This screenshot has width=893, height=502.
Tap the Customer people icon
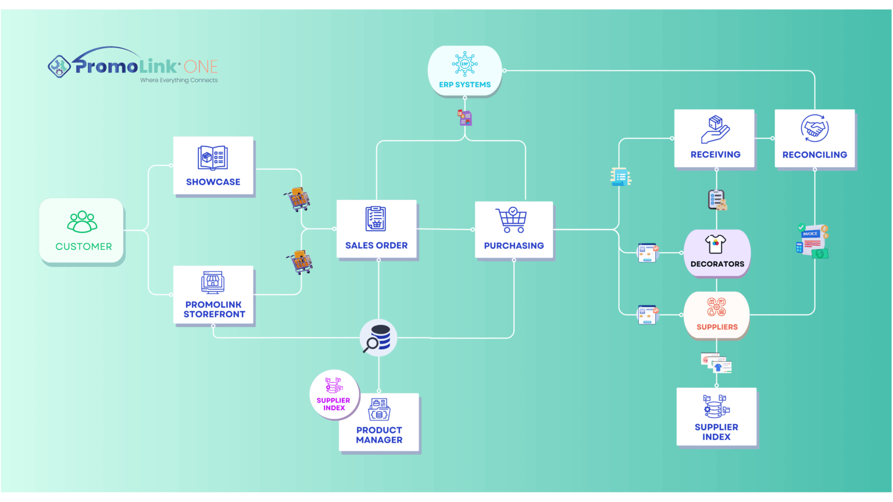click(x=83, y=221)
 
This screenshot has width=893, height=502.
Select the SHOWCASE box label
click(x=213, y=182)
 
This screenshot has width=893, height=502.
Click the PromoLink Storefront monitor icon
click(x=213, y=282)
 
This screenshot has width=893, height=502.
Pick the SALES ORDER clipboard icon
click(x=376, y=219)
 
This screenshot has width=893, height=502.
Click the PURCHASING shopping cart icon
click(x=512, y=220)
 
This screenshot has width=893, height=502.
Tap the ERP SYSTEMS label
click(x=465, y=85)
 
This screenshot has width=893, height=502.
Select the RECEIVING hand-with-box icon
click(x=715, y=129)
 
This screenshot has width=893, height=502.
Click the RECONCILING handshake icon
click(x=815, y=128)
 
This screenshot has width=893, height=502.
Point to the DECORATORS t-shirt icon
click(x=716, y=244)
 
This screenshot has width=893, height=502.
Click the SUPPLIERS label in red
click(x=717, y=327)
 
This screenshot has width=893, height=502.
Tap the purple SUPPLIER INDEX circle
click(x=334, y=395)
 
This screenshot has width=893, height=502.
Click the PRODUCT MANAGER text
click(x=379, y=435)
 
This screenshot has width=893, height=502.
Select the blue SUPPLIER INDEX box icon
click(x=716, y=406)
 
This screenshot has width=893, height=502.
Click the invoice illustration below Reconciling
click(x=813, y=242)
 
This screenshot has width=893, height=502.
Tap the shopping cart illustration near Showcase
click(x=298, y=199)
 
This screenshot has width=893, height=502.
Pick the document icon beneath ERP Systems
click(x=465, y=118)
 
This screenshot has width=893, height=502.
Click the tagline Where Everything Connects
click(x=178, y=80)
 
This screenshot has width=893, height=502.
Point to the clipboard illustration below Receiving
click(x=717, y=200)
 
